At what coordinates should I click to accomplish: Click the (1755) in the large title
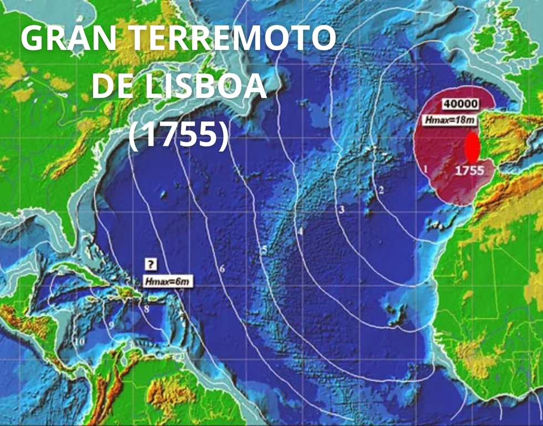pyautogui.click(x=178, y=135)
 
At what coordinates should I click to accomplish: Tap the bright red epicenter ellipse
pyautogui.click(x=472, y=149)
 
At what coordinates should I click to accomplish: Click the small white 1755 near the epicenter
pyautogui.click(x=469, y=170)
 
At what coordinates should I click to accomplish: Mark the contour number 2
pyautogui.click(x=381, y=190)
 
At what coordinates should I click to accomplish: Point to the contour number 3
pyautogui.click(x=342, y=209)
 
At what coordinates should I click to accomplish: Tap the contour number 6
pyautogui.click(x=222, y=269)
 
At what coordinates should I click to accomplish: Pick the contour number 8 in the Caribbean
pyautogui.click(x=146, y=309)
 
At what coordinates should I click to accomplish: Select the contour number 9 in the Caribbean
pyautogui.click(x=111, y=324)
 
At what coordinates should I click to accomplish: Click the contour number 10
pyautogui.click(x=79, y=342)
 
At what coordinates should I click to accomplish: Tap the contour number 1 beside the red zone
pyautogui.click(x=425, y=166)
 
